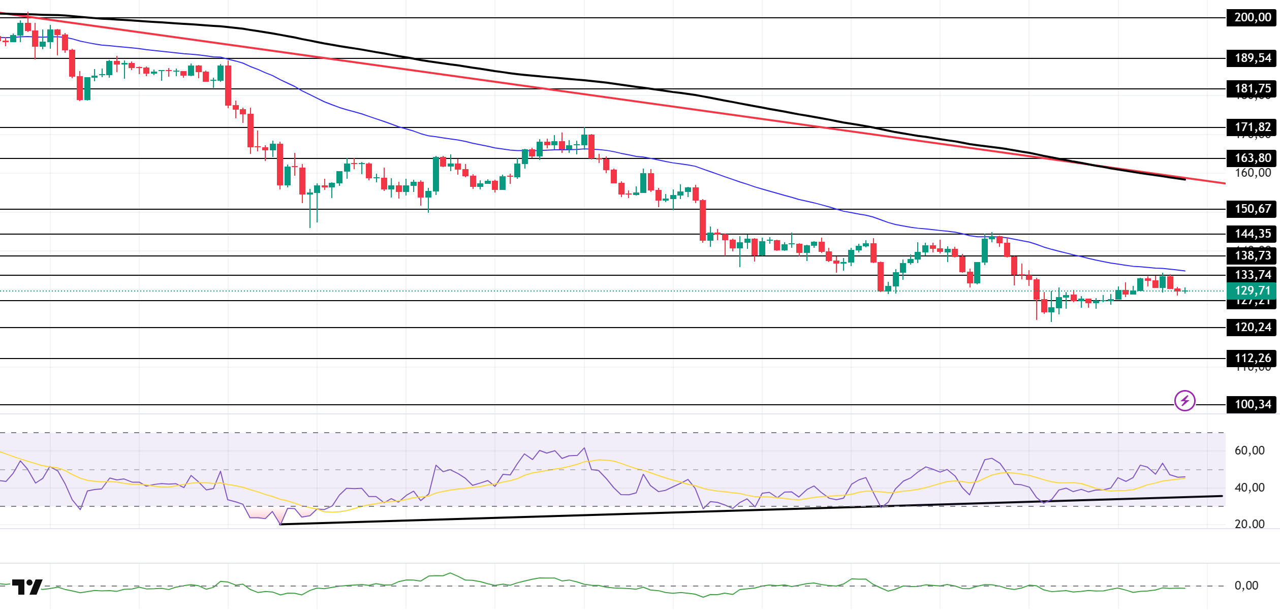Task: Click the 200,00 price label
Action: [1252, 17]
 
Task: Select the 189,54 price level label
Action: [1252, 58]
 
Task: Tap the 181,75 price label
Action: [1252, 88]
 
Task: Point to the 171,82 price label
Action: [1252, 127]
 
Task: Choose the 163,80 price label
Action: [1252, 158]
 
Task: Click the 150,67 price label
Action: [1252, 209]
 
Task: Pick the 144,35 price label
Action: [1252, 234]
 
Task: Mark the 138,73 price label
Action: [1252, 255]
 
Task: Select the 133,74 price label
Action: [1252, 275]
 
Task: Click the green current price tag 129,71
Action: [1252, 290]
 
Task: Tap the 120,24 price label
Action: [1252, 327]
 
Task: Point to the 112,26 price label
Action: [1252, 358]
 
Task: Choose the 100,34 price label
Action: [1252, 404]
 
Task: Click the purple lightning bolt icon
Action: [1184, 401]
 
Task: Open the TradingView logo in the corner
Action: [27, 587]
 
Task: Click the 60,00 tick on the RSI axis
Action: [1249, 450]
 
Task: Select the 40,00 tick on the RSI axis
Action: [1249, 488]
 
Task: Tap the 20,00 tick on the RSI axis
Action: [1249, 524]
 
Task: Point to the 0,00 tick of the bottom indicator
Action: [1246, 586]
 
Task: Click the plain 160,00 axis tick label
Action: [1252, 173]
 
